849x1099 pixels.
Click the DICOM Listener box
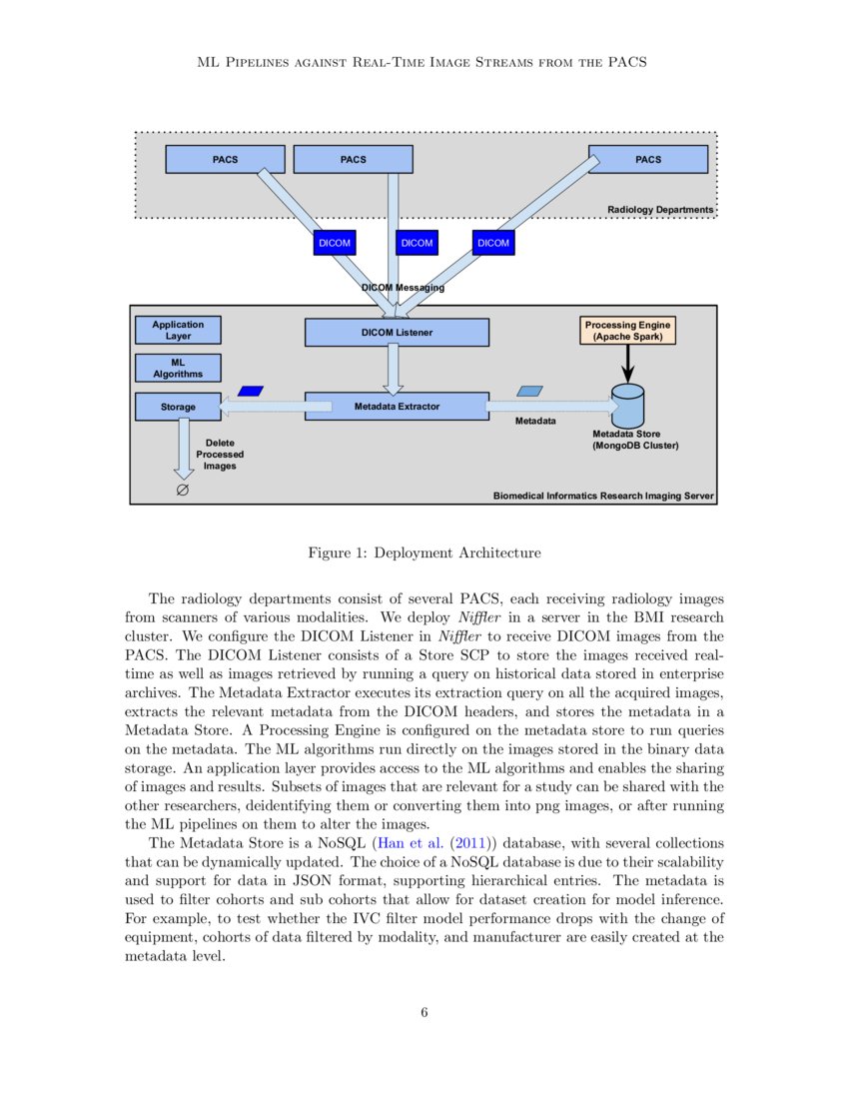click(397, 332)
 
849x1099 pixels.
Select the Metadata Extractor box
click(397, 407)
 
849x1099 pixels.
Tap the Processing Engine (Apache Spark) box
click(628, 332)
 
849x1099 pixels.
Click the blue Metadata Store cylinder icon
click(628, 406)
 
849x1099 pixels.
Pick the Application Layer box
click(178, 330)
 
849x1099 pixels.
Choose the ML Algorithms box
click(178, 368)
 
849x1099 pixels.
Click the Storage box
click(178, 407)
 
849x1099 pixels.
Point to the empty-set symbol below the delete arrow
click(183, 491)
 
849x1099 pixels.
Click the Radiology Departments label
click(660, 210)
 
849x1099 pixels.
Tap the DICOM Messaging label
click(403, 288)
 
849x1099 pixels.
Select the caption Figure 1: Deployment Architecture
click(424, 552)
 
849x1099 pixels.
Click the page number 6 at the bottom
click(424, 1012)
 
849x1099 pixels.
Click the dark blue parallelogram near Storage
click(250, 391)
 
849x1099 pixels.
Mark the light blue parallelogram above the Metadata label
click(529, 391)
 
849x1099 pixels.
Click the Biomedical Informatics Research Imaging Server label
click(603, 496)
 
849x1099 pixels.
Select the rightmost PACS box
click(647, 159)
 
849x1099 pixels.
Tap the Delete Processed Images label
click(219, 455)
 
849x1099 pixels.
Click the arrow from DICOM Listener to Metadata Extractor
click(393, 370)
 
